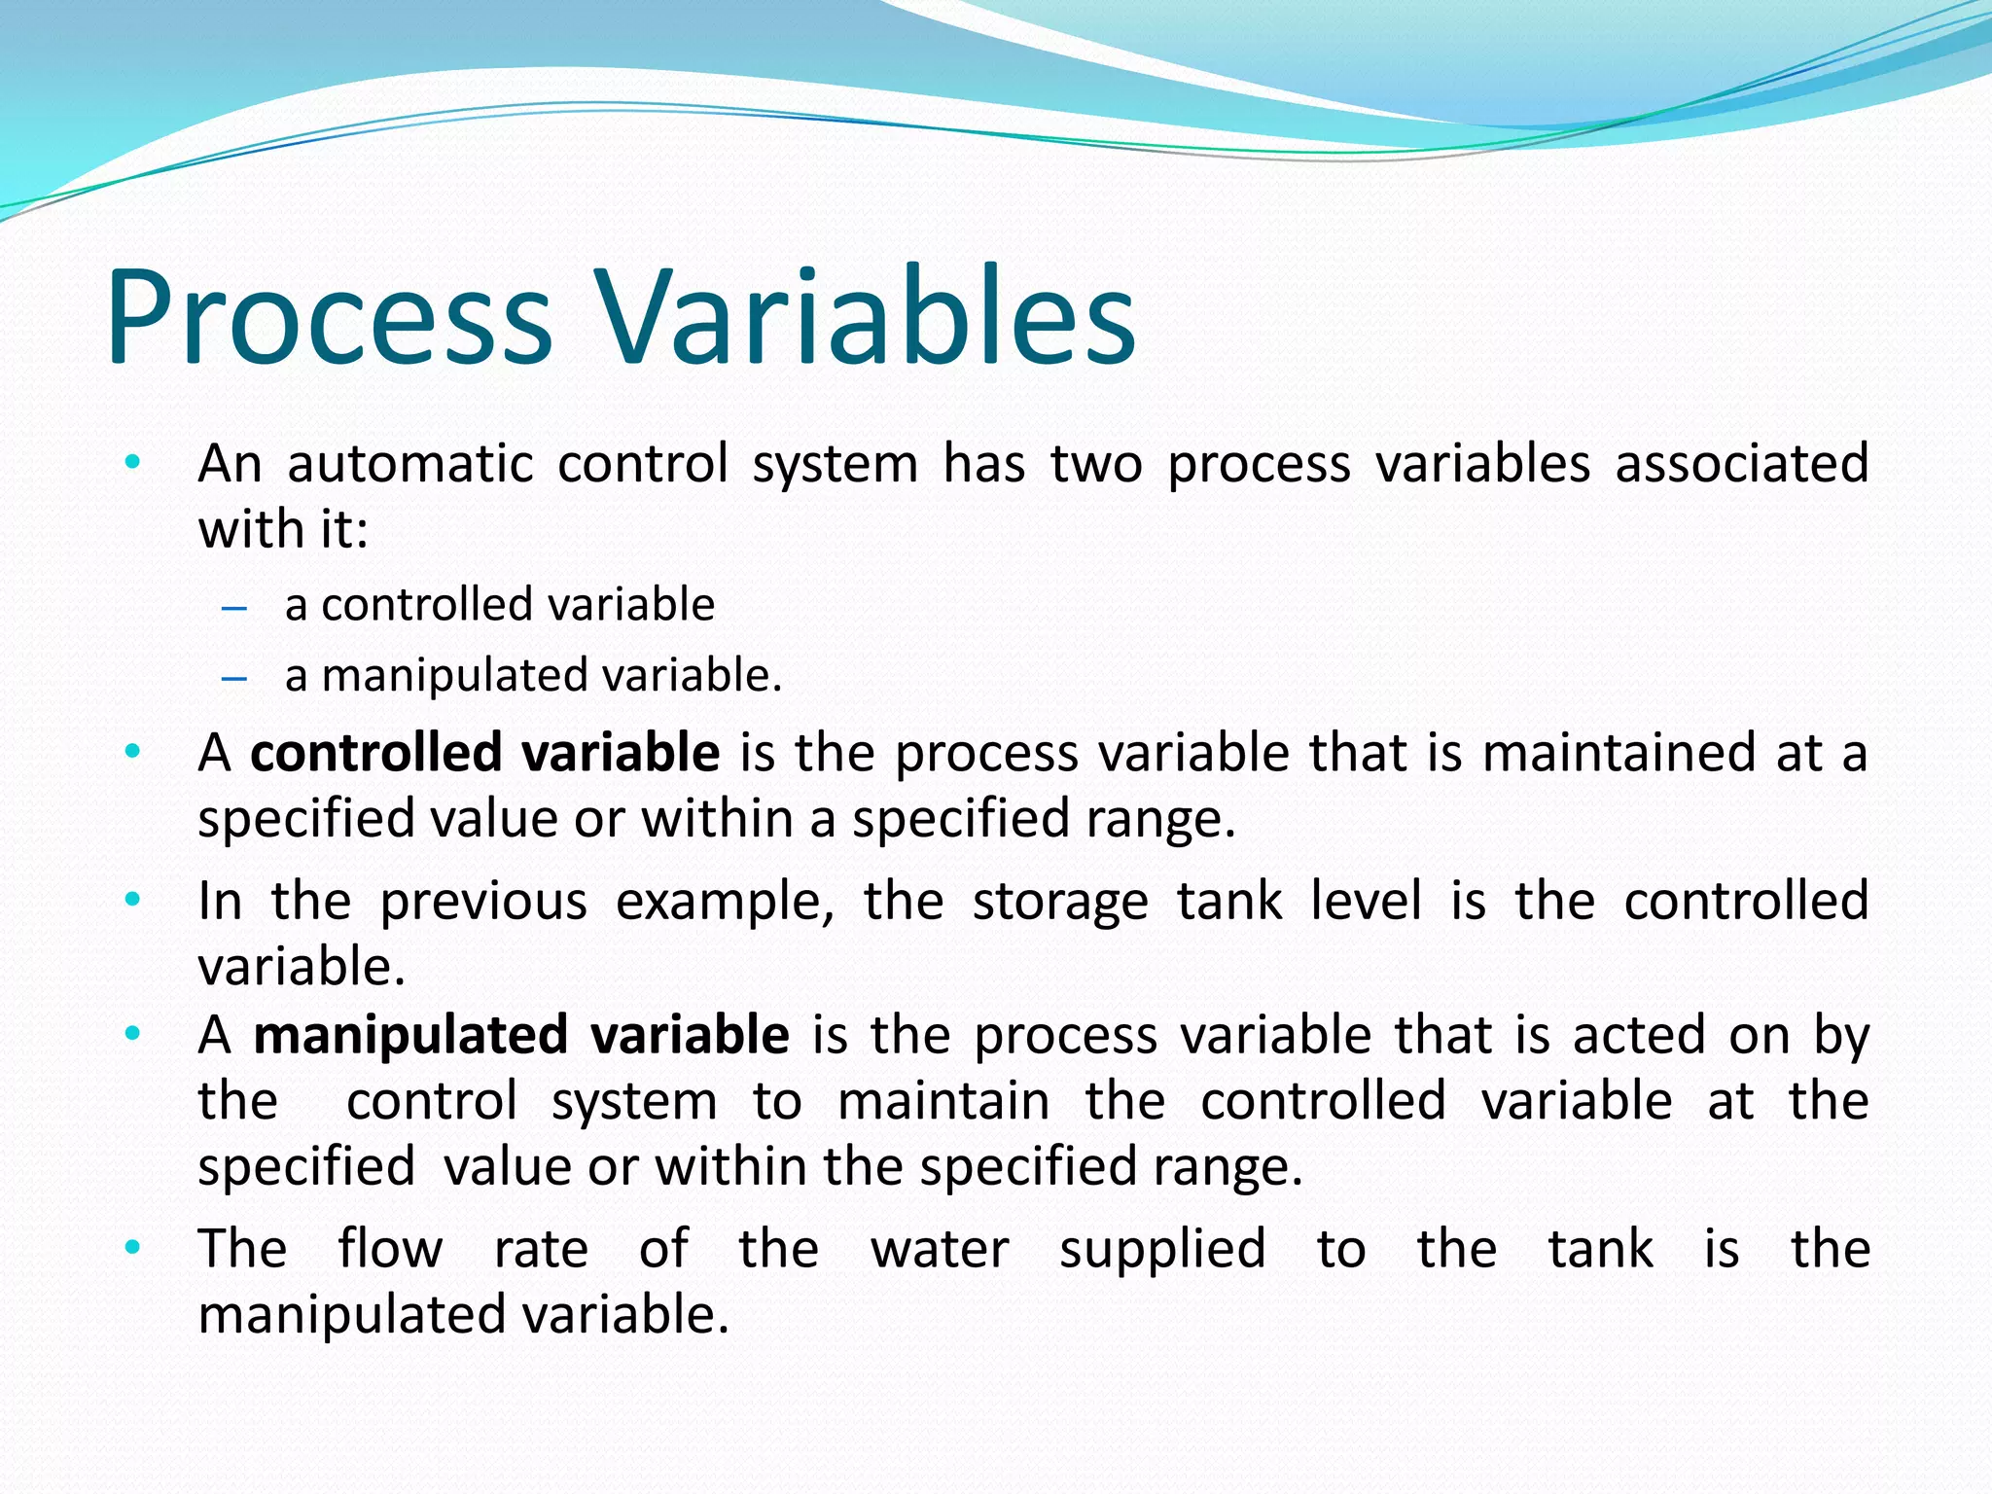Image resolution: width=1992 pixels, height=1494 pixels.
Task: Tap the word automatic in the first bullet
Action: (409, 464)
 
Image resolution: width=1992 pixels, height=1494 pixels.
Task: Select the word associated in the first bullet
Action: (1741, 464)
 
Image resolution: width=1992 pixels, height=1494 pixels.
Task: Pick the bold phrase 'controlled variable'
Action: (484, 753)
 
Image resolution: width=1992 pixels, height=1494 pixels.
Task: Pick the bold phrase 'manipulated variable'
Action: (520, 1035)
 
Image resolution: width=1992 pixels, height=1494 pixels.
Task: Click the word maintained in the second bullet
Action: (1618, 753)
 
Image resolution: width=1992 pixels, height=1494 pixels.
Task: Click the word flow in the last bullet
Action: (390, 1249)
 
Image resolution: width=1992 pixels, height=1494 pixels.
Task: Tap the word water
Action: (940, 1249)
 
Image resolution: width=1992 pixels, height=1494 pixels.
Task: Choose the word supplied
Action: (1162, 1249)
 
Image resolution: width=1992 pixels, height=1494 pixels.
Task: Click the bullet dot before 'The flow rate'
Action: (133, 1246)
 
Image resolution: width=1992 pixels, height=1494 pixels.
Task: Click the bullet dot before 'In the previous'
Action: (133, 899)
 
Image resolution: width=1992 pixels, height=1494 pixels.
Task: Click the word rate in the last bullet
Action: (541, 1249)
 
